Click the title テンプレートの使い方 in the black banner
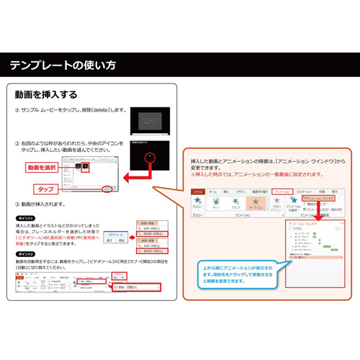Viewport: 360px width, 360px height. (63, 66)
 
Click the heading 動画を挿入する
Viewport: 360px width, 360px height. (46, 94)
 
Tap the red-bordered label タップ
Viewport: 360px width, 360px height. (45, 189)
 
